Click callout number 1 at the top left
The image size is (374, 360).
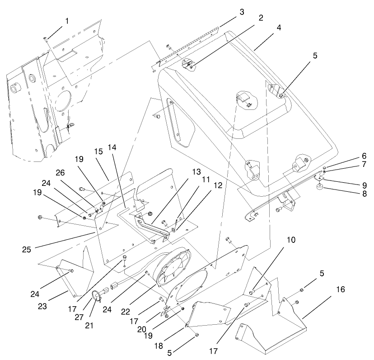[67, 21]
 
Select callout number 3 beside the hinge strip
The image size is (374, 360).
[242, 11]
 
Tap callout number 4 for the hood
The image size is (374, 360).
[279, 27]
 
